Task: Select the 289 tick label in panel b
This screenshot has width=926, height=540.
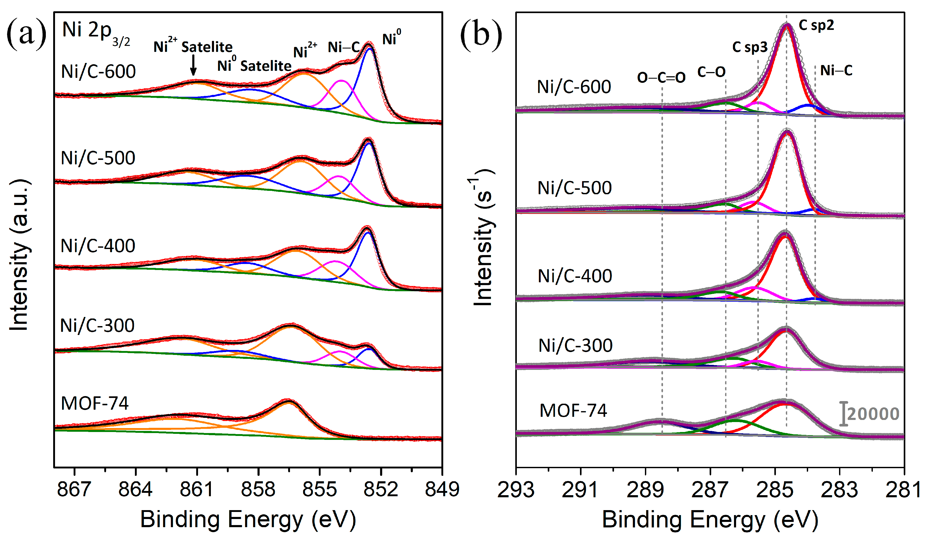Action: click(x=645, y=490)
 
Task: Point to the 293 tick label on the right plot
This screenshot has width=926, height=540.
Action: click(x=516, y=490)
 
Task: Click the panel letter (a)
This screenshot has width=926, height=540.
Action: click(x=26, y=35)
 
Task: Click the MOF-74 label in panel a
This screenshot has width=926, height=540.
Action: click(x=95, y=404)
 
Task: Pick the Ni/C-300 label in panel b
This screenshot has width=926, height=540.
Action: click(x=576, y=345)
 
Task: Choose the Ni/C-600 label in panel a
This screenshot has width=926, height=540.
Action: click(x=98, y=71)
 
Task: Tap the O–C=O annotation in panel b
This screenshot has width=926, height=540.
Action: click(x=661, y=78)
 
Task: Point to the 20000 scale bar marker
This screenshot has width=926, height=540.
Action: click(x=844, y=414)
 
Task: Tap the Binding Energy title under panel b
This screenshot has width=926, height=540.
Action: click(x=710, y=519)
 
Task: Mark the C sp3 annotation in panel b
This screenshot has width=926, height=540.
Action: click(x=750, y=47)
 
